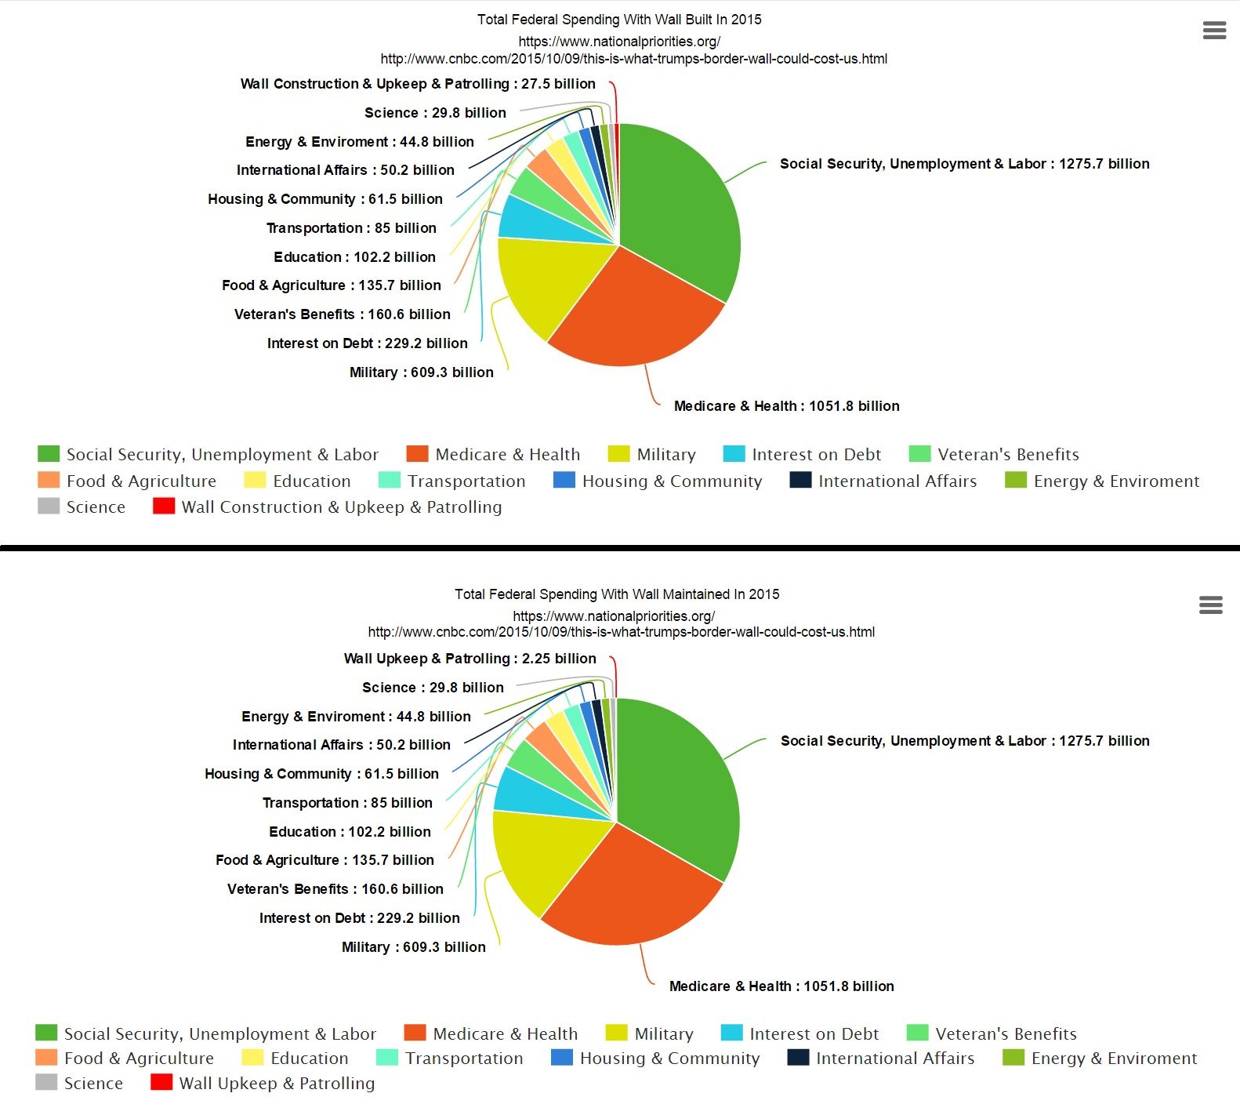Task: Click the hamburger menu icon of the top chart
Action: click(1214, 31)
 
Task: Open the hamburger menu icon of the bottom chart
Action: click(1210, 605)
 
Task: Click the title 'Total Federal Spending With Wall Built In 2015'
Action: click(619, 20)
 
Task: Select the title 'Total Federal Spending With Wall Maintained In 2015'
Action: click(617, 594)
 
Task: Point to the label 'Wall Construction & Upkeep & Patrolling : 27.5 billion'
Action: click(418, 84)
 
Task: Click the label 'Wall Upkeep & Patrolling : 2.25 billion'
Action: click(470, 659)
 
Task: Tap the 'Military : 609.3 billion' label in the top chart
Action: click(421, 372)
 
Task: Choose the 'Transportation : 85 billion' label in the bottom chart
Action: click(347, 803)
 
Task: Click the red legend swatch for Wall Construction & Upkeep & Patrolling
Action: click(163, 507)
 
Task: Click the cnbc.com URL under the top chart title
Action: click(633, 59)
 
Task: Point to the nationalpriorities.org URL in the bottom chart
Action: click(614, 616)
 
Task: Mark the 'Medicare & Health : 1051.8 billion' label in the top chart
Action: click(786, 406)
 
